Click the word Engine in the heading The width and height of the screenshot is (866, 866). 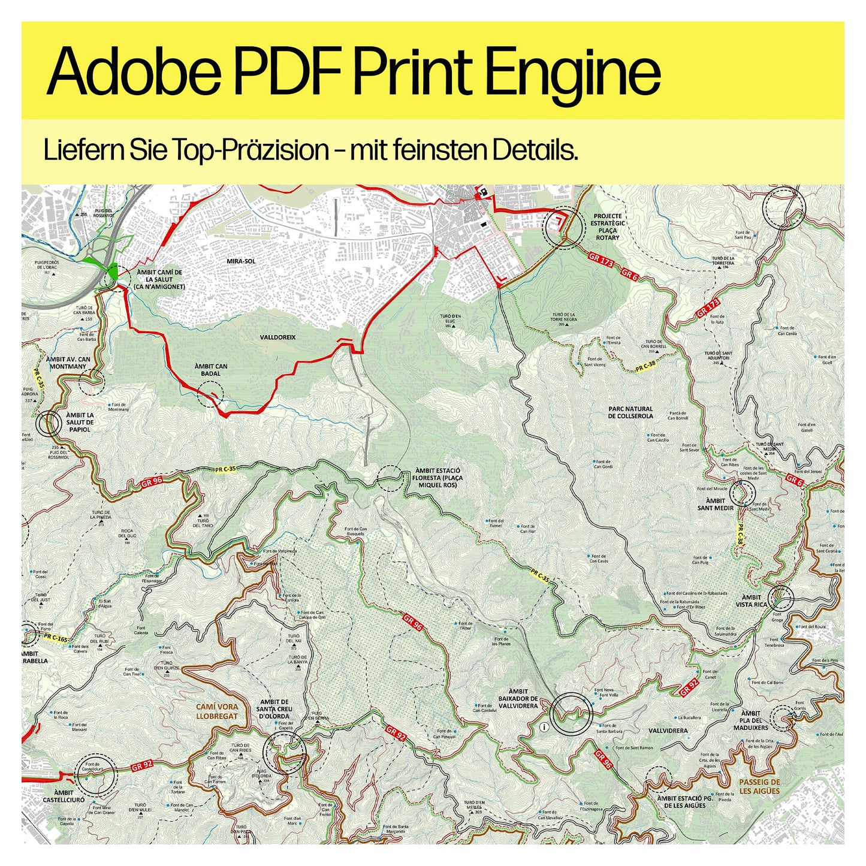[x=576, y=72]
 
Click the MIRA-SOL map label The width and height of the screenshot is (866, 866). [x=242, y=261]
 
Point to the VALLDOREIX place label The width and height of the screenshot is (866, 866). [x=277, y=337]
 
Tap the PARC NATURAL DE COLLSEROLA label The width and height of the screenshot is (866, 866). [x=630, y=412]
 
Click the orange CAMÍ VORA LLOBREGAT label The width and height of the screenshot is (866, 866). [x=217, y=711]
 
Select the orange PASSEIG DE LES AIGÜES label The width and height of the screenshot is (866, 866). [x=759, y=786]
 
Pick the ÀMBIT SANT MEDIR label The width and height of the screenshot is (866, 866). [x=716, y=504]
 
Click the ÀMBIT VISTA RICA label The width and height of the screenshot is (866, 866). [x=751, y=601]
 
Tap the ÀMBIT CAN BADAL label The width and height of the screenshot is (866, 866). [x=211, y=369]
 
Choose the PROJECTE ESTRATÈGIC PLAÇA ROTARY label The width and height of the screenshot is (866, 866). [x=608, y=227]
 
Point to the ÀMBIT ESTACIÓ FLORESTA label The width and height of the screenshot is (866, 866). [x=437, y=478]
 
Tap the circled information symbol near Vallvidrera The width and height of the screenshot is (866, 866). [x=544, y=727]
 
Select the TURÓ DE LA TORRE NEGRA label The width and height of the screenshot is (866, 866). [x=563, y=318]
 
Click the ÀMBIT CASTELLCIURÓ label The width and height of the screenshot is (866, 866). [x=64, y=796]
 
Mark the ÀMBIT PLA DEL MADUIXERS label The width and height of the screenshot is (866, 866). [x=750, y=720]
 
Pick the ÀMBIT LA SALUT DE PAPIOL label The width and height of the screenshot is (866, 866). [x=80, y=422]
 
